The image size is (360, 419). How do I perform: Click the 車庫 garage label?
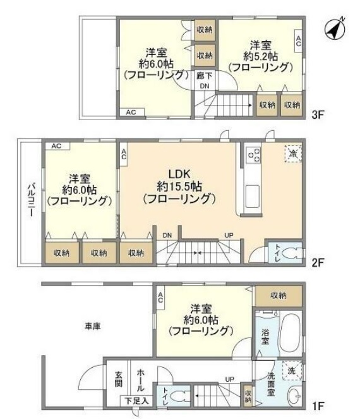pyautogui.click(x=93, y=327)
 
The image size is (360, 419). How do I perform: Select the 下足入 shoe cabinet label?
pyautogui.click(x=136, y=400)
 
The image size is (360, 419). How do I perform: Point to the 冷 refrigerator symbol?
pyautogui.click(x=292, y=152)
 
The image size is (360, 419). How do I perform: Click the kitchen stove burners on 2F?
pyautogui.click(x=253, y=155)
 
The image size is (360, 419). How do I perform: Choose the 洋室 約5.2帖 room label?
pyautogui.click(x=260, y=56)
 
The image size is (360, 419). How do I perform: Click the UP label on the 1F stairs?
pyautogui.click(x=230, y=380)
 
